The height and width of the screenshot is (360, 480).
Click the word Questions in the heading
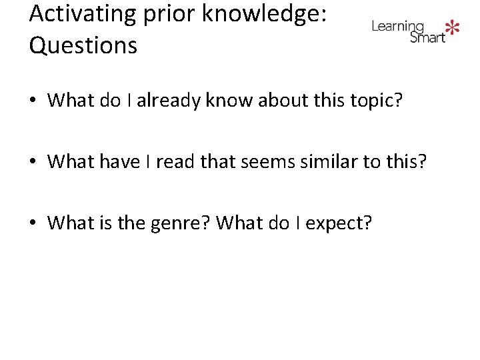83,45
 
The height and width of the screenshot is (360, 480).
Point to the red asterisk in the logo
453,27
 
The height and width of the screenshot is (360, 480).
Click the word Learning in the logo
397,27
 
